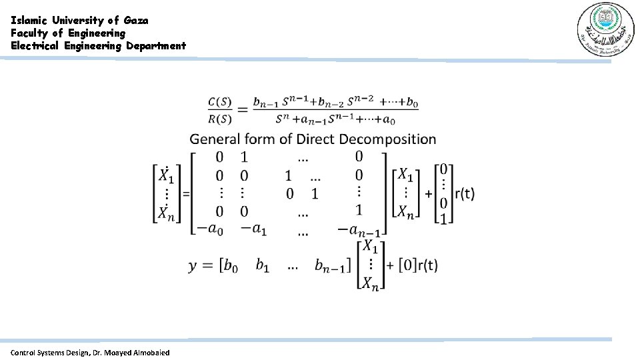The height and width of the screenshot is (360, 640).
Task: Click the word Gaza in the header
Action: [x=136, y=20]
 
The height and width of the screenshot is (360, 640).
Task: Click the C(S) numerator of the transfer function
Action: [x=219, y=102]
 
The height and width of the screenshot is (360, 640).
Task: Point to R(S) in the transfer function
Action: [x=219, y=120]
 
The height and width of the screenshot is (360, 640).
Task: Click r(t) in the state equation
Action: [x=464, y=194]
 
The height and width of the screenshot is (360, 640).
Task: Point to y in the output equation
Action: [x=193, y=265]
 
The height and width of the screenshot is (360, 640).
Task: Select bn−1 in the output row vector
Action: [x=331, y=267]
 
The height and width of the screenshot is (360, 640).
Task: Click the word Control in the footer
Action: [x=24, y=352]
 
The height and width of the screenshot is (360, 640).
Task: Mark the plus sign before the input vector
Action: [x=427, y=194]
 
